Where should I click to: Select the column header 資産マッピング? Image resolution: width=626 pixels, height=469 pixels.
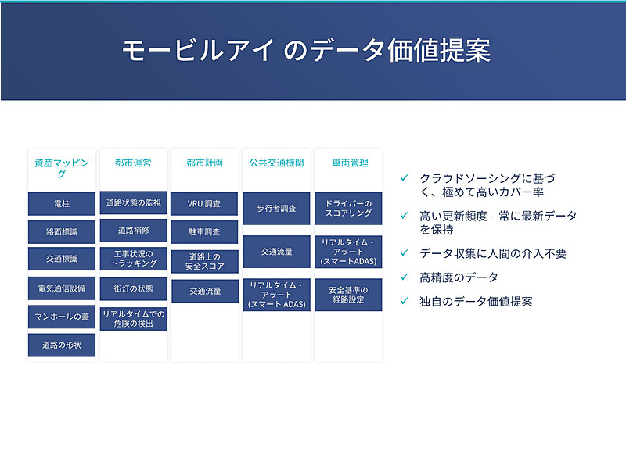(62, 168)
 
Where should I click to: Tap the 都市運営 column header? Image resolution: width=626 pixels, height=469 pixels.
(133, 163)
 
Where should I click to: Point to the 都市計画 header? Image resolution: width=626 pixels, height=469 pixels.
(204, 163)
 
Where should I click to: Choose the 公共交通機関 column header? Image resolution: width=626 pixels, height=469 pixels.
(276, 163)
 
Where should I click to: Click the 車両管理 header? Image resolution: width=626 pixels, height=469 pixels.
(349, 163)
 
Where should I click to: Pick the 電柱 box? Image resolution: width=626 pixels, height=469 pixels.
(62, 204)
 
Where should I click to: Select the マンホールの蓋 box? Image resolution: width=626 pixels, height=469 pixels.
(62, 316)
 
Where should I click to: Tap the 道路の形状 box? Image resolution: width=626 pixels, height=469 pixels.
(62, 345)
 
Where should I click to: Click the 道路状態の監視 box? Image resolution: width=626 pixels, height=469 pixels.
(133, 202)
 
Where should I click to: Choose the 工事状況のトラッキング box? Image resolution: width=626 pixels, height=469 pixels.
(133, 259)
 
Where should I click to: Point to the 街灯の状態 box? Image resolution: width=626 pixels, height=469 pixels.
(133, 288)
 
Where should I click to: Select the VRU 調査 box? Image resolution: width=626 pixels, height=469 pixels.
(204, 204)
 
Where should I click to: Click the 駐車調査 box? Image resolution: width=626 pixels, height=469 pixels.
(204, 232)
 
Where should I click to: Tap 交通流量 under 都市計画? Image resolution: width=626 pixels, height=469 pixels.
(204, 292)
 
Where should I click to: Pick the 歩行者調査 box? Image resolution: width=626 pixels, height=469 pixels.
(276, 209)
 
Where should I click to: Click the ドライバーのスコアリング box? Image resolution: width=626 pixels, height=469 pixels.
(349, 209)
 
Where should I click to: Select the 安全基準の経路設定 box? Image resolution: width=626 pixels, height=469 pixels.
(349, 295)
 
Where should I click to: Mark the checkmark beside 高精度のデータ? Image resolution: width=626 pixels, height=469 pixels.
(404, 277)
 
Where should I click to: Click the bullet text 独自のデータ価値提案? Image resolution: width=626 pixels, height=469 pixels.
(476, 301)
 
